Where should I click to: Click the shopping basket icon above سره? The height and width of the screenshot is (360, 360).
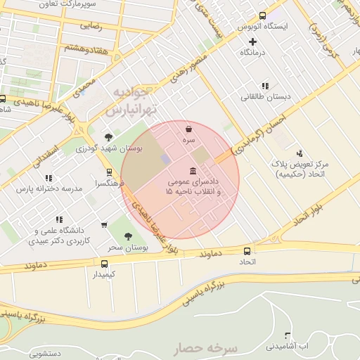tap(188, 129)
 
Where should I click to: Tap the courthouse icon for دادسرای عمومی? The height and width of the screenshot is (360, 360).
tap(193, 172)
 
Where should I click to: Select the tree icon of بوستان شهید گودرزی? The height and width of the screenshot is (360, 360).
tap(108, 137)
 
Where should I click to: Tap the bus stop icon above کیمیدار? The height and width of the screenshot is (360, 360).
tap(104, 264)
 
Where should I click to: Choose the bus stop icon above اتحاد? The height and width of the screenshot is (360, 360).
tap(247, 251)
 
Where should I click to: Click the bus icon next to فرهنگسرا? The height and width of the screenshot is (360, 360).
tap(108, 172)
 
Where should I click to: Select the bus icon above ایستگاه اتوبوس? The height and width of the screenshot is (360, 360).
tap(263, 15)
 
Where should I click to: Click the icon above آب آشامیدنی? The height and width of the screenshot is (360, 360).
tap(287, 335)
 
